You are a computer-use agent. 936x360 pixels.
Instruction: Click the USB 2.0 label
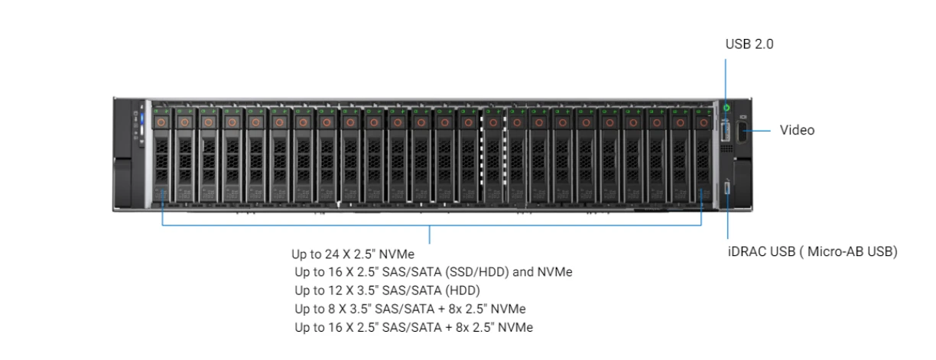pyautogui.click(x=749, y=45)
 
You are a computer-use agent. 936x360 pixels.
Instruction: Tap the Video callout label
pyautogui.click(x=797, y=130)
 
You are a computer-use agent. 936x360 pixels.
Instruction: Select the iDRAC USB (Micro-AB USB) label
pyautogui.click(x=812, y=251)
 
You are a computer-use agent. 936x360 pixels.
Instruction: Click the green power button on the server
pyautogui.click(x=726, y=108)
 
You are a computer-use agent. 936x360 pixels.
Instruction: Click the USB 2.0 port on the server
pyautogui.click(x=726, y=131)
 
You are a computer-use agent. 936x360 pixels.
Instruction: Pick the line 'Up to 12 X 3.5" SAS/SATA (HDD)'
pyautogui.click(x=388, y=290)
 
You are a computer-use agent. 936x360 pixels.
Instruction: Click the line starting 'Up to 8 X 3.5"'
pyautogui.click(x=410, y=309)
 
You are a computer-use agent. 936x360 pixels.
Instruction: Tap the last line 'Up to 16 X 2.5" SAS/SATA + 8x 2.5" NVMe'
pyautogui.click(x=414, y=327)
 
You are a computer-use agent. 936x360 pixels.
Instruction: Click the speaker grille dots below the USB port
pyautogui.click(x=726, y=150)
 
